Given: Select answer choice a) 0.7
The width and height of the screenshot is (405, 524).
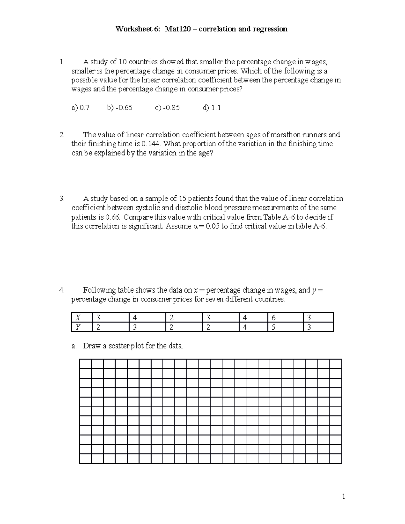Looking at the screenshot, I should [x=80, y=108].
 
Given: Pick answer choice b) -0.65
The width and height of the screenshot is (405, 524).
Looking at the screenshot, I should [x=119, y=108].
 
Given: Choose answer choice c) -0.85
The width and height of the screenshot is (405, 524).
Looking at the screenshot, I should [x=167, y=108].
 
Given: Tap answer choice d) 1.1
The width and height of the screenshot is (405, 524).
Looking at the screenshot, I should [x=212, y=108].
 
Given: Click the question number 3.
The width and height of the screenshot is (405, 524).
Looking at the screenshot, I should [x=61, y=199].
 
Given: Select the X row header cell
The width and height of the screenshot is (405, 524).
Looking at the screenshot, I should [x=81, y=318].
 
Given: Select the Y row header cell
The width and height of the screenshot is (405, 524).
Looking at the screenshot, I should [x=81, y=327].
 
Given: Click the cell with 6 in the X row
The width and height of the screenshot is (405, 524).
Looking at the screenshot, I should [x=285, y=318].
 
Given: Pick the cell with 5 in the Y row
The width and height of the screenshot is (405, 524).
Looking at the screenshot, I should [x=285, y=327].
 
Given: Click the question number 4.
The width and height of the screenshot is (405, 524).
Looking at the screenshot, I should [x=61, y=290].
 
